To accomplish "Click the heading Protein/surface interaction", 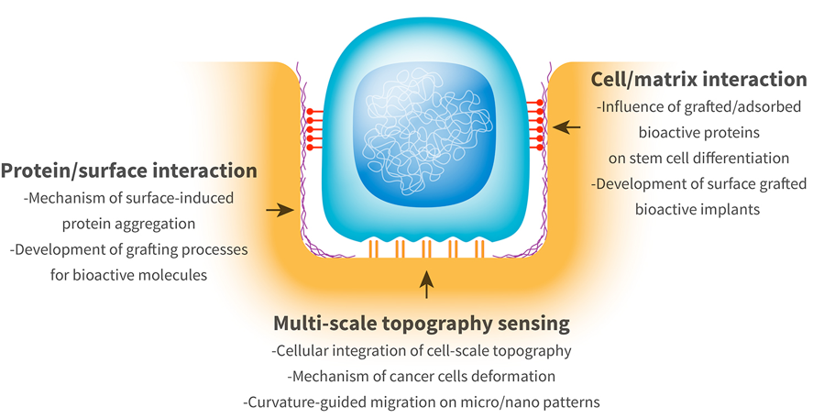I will coord(129,170).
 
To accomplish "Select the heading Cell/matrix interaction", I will coord(699,79).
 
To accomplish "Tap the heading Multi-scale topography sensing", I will coord(422,324).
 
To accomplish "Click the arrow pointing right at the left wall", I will coord(279,211).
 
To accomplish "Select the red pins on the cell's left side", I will coord(313,129).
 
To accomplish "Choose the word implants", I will coord(731,208).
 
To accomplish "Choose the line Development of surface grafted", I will coord(699,183).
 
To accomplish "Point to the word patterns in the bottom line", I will coord(575,401).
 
